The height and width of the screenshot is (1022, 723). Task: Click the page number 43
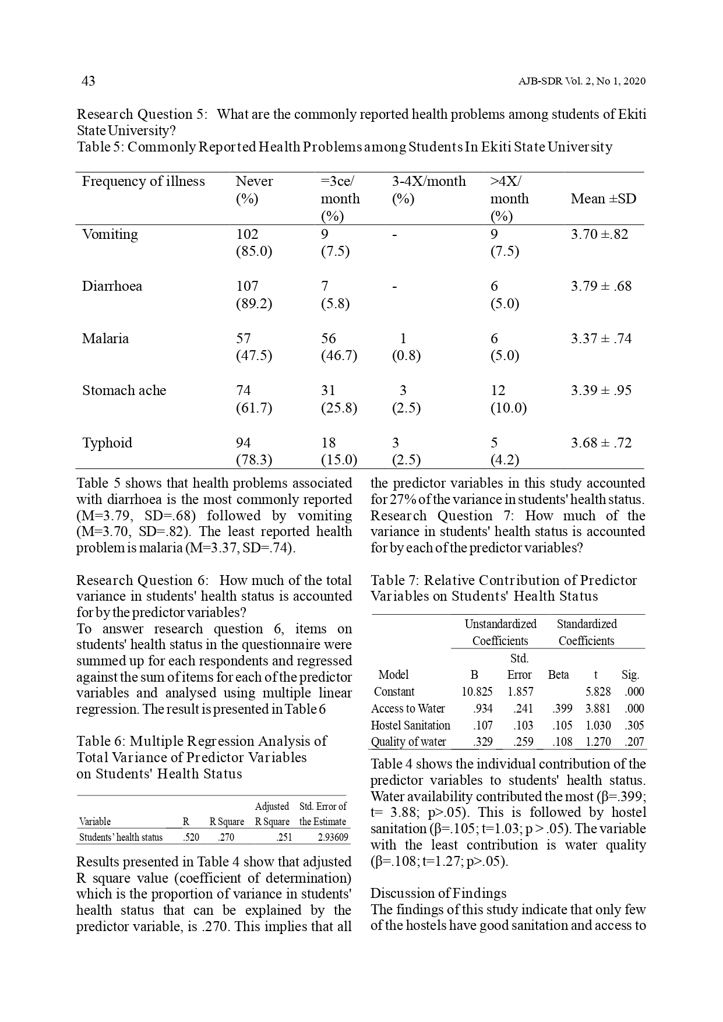click(88, 81)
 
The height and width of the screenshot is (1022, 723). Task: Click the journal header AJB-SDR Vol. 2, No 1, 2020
click(581, 82)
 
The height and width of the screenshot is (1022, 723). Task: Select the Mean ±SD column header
click(603, 199)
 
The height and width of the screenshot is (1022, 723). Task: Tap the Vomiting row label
click(110, 234)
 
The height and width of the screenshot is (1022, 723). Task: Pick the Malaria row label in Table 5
click(105, 339)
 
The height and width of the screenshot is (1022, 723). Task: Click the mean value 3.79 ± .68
click(601, 286)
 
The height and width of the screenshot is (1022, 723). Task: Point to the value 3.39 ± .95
click(601, 390)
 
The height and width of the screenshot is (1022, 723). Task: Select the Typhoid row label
click(107, 443)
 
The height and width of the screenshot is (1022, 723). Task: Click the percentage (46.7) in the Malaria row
click(338, 355)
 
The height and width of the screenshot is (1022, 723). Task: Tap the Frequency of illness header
click(143, 181)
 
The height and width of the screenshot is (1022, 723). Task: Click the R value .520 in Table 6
click(190, 838)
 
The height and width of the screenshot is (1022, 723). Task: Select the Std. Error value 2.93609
click(333, 838)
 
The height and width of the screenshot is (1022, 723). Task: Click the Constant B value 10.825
click(477, 692)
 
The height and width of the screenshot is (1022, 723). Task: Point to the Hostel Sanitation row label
click(410, 725)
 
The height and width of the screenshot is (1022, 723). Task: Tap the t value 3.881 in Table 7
click(598, 709)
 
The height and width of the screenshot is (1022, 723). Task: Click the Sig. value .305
click(634, 725)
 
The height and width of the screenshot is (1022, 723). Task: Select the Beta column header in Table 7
click(558, 675)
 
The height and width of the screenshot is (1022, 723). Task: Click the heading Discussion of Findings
click(438, 893)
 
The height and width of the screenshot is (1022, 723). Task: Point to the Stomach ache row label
click(124, 390)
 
